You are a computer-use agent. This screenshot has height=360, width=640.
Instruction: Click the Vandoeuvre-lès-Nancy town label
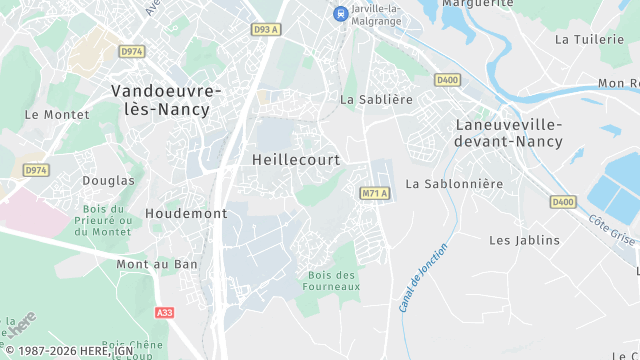click(x=167, y=99)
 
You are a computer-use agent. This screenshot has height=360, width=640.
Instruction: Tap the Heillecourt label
click(x=296, y=160)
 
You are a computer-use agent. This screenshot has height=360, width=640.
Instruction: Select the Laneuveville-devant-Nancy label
click(x=508, y=133)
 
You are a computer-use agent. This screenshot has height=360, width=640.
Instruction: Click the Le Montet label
click(x=44, y=115)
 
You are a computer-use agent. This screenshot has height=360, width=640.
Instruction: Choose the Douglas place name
click(x=110, y=181)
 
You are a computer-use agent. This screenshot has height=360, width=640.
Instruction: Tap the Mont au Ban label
click(x=157, y=265)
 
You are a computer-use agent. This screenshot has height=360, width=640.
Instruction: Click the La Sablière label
click(x=376, y=100)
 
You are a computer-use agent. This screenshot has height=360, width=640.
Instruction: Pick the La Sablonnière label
click(x=454, y=184)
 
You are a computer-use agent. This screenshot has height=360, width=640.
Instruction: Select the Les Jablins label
click(x=524, y=241)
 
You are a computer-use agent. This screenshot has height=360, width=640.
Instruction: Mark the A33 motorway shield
click(x=165, y=313)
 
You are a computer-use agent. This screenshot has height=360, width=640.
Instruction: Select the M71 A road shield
click(x=373, y=191)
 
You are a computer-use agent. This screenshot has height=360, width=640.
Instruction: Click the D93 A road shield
click(x=265, y=30)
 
